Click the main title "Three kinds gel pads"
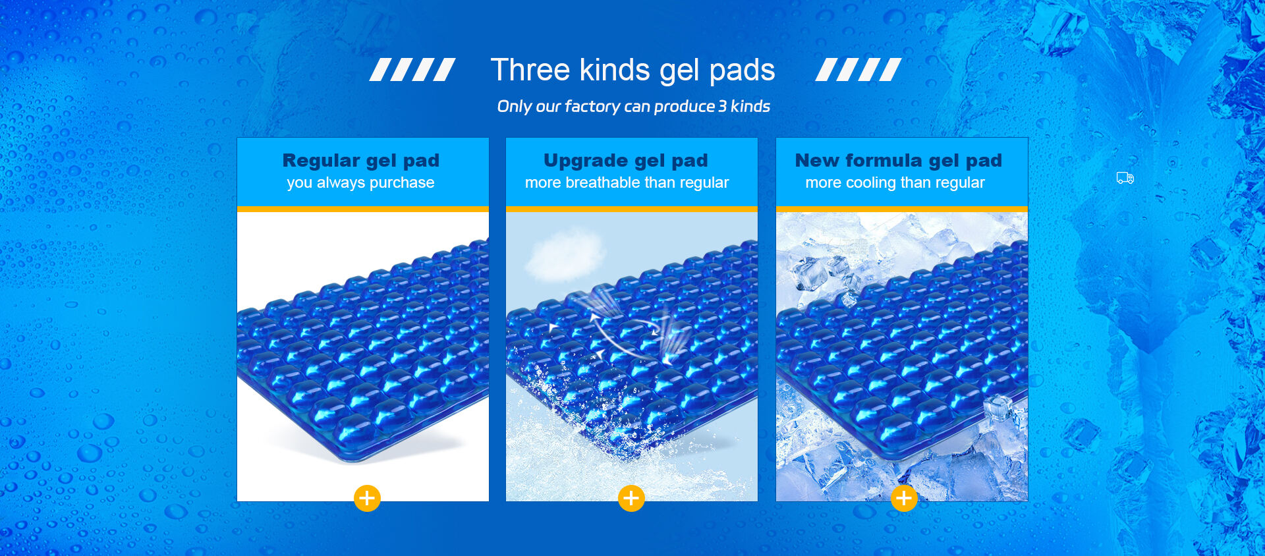click(632, 70)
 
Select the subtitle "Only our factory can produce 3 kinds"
click(633, 106)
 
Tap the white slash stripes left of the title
click(412, 70)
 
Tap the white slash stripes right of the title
click(858, 70)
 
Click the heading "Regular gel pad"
click(361, 161)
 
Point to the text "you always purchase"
click(360, 182)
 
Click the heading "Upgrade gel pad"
click(626, 161)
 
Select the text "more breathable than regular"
click(627, 182)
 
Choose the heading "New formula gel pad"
click(899, 161)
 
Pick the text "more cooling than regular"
click(895, 182)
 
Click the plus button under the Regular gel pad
click(367, 498)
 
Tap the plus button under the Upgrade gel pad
click(631, 498)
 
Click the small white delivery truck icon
click(1125, 178)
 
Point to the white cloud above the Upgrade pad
click(565, 254)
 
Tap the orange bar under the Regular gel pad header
click(363, 209)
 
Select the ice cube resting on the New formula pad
click(998, 407)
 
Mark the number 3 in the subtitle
click(722, 106)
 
